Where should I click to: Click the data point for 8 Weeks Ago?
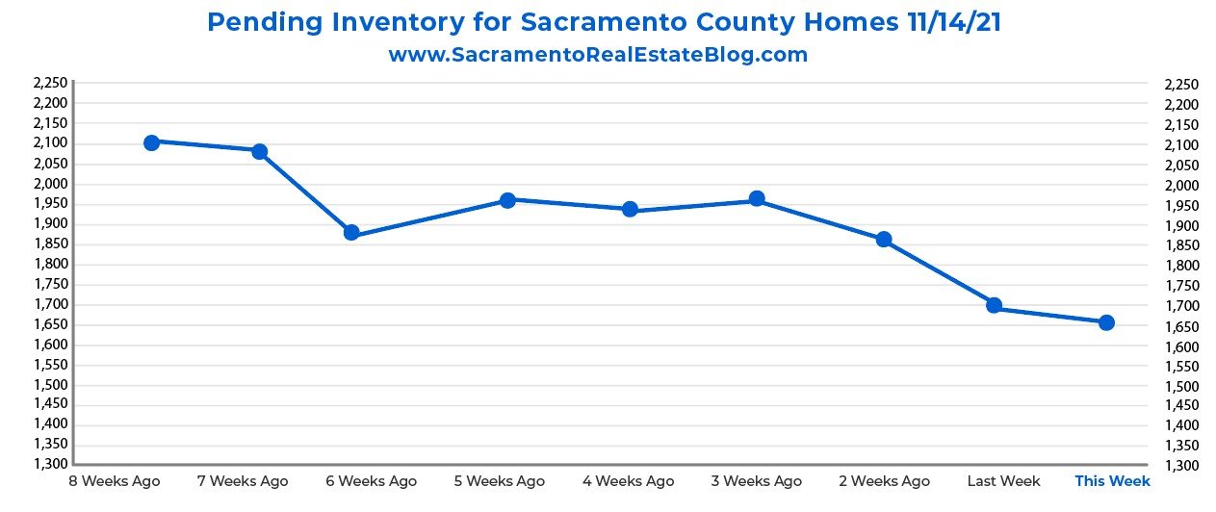point(151,142)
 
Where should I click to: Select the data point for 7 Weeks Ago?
point(259,151)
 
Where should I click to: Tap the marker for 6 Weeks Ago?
point(351,233)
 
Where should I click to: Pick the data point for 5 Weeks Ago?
point(507,200)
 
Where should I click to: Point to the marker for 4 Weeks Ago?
point(631,209)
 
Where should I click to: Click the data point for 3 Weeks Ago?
point(757,199)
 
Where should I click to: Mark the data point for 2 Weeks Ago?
point(884,239)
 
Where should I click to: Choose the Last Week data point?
point(995,305)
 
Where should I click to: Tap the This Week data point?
point(1106,322)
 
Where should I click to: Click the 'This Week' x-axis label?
point(1112,480)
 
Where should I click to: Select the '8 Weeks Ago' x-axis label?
point(115,480)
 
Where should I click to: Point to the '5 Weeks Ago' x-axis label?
point(499,480)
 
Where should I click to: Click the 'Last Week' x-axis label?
point(1003,480)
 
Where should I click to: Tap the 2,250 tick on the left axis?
point(50,84)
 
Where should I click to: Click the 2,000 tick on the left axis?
point(50,184)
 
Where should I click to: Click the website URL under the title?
point(598,55)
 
